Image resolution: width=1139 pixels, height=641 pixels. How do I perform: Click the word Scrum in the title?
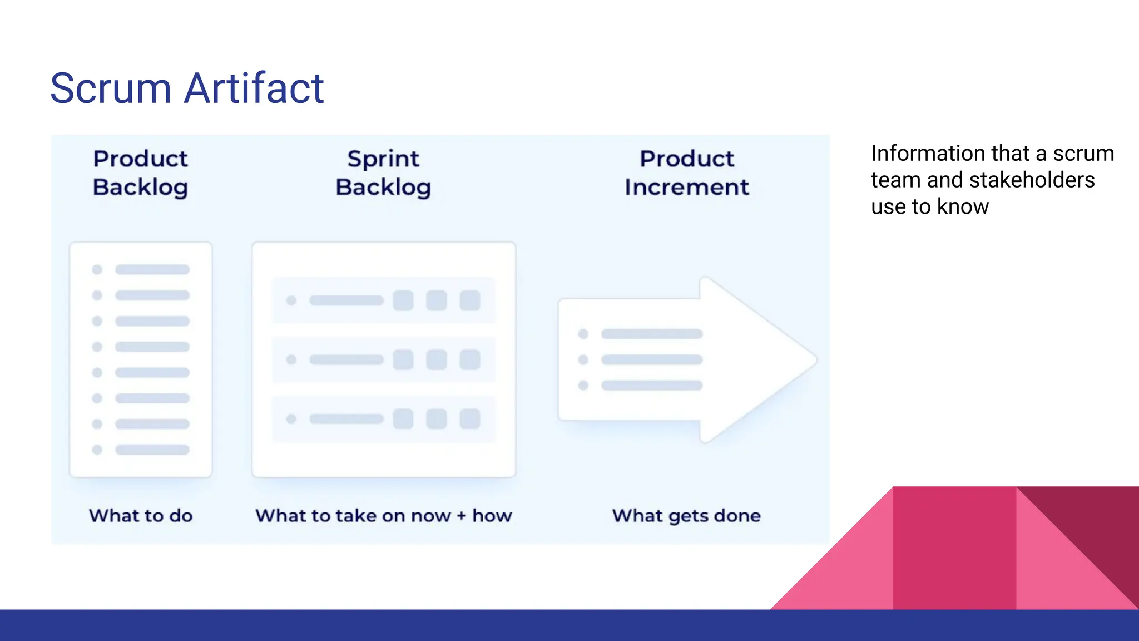pos(111,88)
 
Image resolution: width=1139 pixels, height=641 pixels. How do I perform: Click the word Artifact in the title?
pos(254,88)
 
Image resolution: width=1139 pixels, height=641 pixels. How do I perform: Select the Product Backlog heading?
pos(140,173)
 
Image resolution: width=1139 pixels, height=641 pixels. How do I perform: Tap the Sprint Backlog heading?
pos(383,173)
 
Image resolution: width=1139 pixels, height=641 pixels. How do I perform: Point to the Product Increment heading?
pos(687,173)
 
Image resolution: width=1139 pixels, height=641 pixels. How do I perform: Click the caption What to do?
pos(141,516)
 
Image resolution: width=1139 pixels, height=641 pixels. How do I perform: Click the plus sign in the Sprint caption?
pos(462,516)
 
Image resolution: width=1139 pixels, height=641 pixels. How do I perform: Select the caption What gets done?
pos(686,516)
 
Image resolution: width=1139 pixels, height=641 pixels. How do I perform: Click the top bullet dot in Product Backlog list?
pos(97,270)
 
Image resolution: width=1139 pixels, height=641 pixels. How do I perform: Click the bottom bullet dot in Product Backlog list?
pos(97,450)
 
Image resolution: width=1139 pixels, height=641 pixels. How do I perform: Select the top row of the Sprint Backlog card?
pos(384,301)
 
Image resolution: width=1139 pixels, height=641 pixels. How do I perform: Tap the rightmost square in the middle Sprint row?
pos(470,360)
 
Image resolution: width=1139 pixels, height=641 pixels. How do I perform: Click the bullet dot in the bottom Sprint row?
pos(291,419)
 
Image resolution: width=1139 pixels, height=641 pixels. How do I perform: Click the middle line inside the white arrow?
pos(652,360)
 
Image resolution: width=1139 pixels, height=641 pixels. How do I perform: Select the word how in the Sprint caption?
pos(492,516)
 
